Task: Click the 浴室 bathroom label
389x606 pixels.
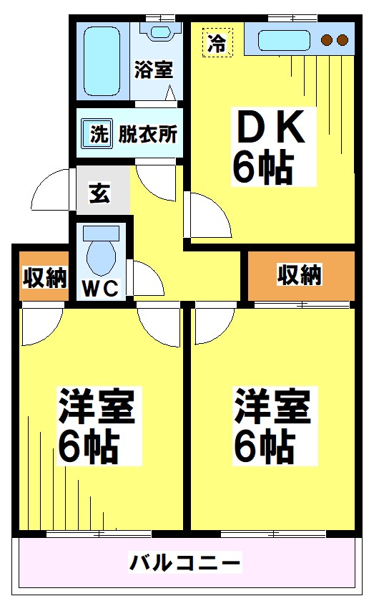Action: pos(153,70)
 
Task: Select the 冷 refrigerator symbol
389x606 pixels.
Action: pos(216,42)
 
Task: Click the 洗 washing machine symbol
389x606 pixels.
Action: pos(98,133)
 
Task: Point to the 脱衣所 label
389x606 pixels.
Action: pos(148,134)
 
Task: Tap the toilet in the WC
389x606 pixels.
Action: pos(99,250)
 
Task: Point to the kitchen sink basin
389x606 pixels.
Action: pos(283,40)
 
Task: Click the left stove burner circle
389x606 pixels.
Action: pos(328,40)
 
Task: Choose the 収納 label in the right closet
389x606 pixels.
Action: pos(300,274)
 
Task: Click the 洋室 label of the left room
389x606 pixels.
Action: pos(96,407)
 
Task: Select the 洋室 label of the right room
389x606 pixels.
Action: pos(272,406)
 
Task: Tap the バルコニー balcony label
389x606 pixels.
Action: pos(184,562)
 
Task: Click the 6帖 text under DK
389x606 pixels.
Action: pos(262,168)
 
